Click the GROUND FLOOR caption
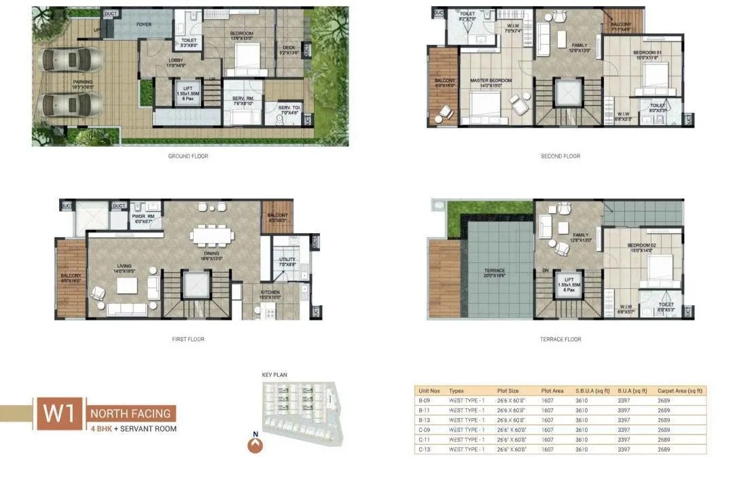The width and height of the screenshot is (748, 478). click(x=188, y=156)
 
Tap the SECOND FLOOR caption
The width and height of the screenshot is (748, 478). click(x=560, y=156)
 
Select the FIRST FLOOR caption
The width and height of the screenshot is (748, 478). click(x=188, y=339)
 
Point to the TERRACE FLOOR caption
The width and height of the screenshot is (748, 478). click(x=560, y=339)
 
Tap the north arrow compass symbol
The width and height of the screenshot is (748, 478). click(x=255, y=445)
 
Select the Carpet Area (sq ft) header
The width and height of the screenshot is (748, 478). click(x=680, y=391)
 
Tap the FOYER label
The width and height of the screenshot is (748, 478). click(x=143, y=24)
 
